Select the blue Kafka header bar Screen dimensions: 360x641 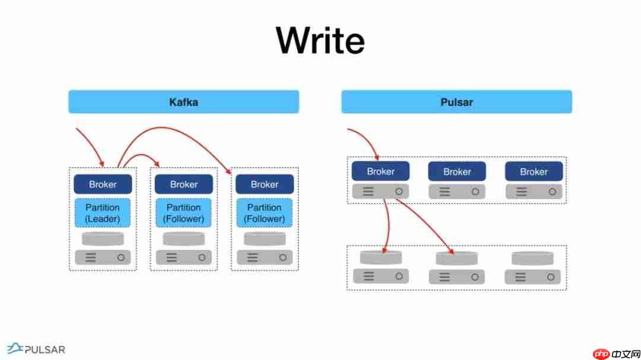(x=183, y=101)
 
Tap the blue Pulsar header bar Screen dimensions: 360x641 (x=456, y=101)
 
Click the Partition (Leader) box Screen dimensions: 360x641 (x=103, y=213)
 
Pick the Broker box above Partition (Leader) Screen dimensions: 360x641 (x=103, y=184)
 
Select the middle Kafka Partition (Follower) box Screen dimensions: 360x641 (x=183, y=213)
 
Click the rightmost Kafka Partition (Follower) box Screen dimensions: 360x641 (x=264, y=213)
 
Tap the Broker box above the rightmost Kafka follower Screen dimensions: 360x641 (x=264, y=184)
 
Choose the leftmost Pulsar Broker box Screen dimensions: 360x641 (x=380, y=171)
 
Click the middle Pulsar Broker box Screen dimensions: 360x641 (x=457, y=171)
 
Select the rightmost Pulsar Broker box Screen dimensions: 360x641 (x=534, y=171)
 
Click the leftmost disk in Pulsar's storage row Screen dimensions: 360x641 (x=381, y=257)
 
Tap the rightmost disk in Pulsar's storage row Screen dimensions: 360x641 (x=532, y=258)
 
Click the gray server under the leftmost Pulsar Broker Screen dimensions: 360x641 (x=380, y=191)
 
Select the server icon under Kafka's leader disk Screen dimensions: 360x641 (x=103, y=257)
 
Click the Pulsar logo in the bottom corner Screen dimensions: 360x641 (x=36, y=349)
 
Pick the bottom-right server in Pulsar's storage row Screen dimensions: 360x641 (x=532, y=276)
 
